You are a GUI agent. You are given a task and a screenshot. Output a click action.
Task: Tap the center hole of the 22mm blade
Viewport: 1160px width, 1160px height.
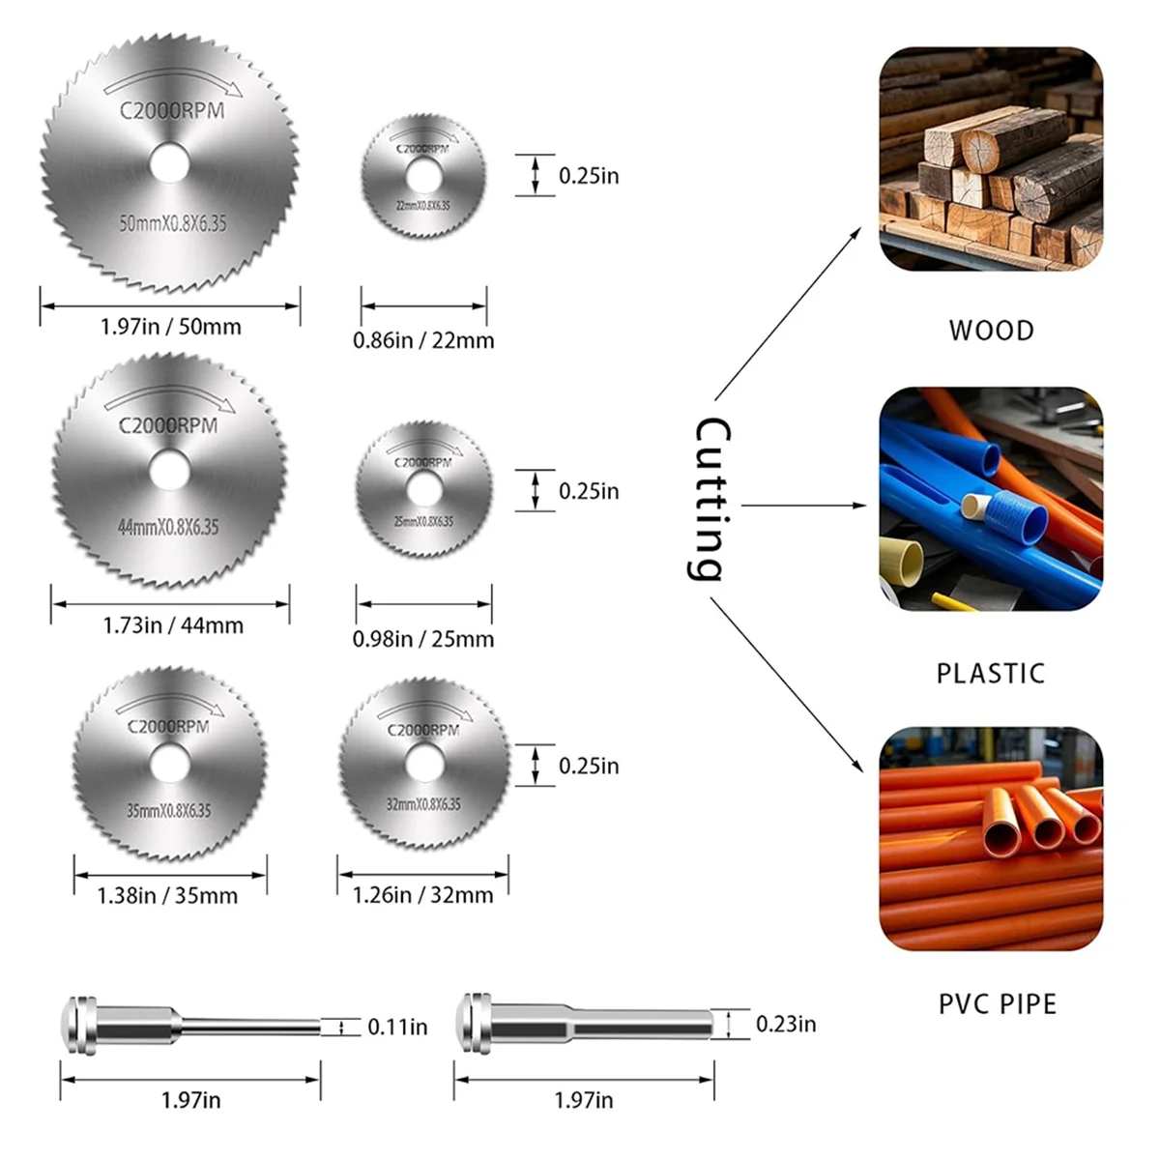point(423,175)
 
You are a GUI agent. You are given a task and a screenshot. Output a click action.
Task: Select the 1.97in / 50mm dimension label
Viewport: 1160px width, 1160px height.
point(170,327)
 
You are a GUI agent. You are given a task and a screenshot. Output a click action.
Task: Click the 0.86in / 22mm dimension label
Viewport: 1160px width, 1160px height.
point(423,340)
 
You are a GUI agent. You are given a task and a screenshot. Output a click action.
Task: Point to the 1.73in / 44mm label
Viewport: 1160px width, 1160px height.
point(173,625)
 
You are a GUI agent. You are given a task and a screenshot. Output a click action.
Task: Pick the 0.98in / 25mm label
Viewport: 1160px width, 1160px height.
point(423,639)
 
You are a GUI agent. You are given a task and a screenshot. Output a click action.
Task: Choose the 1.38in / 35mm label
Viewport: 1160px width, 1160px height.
point(167,896)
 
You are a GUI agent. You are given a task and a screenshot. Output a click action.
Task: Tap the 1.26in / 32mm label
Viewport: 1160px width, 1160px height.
point(423,895)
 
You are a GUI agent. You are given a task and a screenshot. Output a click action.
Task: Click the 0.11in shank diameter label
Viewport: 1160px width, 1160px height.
point(397,1027)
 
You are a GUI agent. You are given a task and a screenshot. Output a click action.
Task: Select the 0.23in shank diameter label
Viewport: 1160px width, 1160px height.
point(785,1024)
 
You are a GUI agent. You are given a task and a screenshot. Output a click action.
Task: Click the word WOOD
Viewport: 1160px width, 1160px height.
point(991,331)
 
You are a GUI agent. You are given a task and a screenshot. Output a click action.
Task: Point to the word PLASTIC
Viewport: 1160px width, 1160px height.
point(991,673)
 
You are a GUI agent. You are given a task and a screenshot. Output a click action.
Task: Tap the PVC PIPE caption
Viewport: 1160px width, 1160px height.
point(998,1004)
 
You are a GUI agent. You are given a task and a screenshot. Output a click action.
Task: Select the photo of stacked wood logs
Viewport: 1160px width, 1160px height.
point(991,159)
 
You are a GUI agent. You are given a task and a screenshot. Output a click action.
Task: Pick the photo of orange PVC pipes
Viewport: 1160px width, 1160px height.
point(991,839)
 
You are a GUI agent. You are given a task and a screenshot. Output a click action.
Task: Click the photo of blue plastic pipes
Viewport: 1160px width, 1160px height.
point(991,499)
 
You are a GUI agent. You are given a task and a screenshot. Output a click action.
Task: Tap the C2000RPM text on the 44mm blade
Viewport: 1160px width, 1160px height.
point(168,424)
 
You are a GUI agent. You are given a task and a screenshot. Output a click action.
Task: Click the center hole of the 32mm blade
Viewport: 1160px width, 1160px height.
point(422,764)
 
